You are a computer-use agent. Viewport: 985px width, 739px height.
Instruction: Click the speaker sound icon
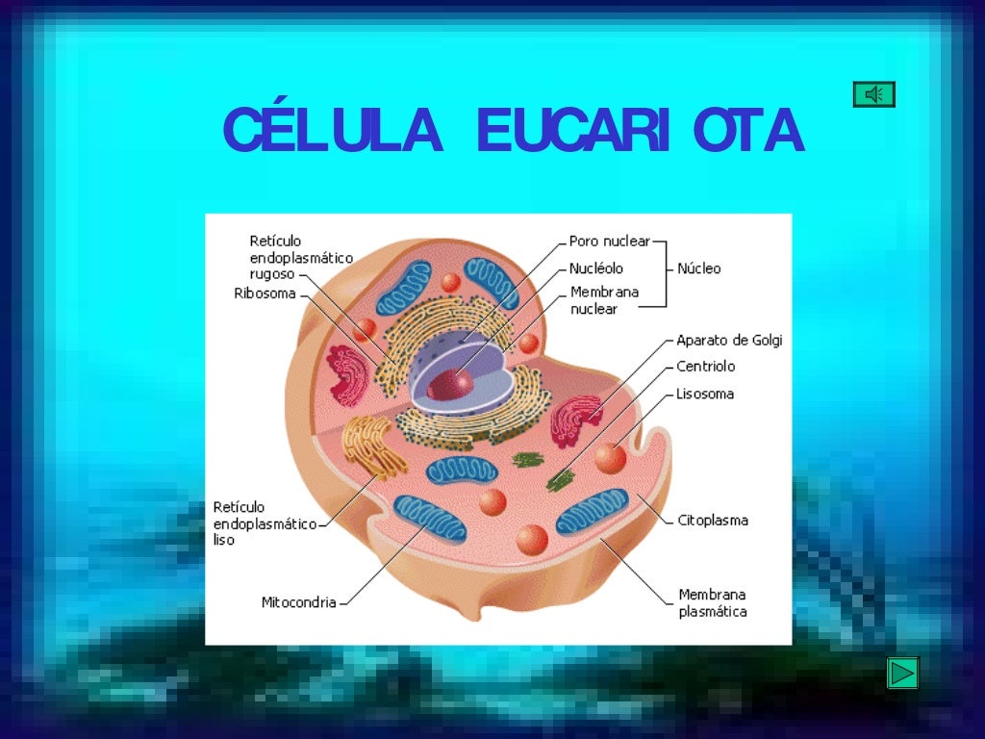click(873, 94)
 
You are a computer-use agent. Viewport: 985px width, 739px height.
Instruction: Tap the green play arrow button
click(902, 673)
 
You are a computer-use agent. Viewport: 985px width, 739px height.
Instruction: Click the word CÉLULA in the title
click(333, 132)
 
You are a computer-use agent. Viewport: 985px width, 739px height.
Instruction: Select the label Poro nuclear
click(609, 241)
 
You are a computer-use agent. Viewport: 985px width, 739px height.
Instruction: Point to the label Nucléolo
click(595, 268)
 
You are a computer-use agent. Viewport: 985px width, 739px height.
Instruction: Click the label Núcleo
click(698, 268)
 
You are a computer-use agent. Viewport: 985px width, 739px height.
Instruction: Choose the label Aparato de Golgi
click(729, 340)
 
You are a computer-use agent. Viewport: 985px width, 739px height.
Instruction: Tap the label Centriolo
click(705, 367)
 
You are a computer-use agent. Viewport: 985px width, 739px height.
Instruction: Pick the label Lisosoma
click(704, 394)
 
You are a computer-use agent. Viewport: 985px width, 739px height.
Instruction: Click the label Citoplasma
click(712, 521)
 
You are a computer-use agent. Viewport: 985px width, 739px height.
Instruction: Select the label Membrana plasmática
click(712, 602)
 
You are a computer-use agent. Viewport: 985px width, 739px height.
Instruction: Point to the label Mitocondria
click(299, 602)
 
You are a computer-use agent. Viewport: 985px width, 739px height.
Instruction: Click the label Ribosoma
click(265, 293)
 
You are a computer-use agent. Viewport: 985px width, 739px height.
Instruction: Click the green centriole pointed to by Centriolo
click(559, 478)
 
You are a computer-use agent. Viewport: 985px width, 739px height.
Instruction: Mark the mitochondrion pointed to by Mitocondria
click(430, 519)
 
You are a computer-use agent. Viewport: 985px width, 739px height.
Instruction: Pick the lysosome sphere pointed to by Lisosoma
click(610, 456)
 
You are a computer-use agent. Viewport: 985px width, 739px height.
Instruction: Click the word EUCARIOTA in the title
click(639, 132)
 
